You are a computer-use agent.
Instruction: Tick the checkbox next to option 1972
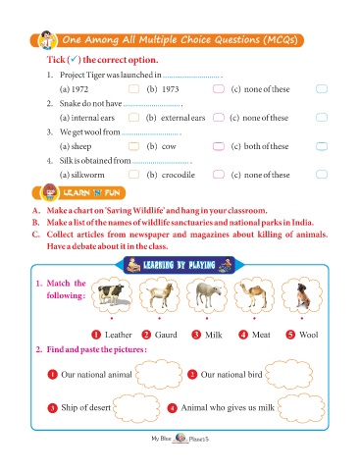coord(133,89)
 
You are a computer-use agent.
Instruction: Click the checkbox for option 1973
coord(219,89)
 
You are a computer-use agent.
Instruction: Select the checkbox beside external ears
coord(219,118)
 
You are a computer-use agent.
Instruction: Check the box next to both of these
coord(322,146)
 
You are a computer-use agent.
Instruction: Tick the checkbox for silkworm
coord(133,175)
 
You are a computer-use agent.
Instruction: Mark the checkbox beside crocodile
coord(219,175)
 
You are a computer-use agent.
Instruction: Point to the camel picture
coord(254,295)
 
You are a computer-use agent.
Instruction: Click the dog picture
coord(302,295)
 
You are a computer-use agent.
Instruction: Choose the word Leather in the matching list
coord(119,335)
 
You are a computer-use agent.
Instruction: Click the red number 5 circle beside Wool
coord(290,335)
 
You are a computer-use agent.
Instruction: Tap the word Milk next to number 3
coord(214,335)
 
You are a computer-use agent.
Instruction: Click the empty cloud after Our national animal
coord(159,374)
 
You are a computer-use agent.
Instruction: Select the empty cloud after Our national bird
coord(288,374)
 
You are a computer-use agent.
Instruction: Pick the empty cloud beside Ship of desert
coord(136,407)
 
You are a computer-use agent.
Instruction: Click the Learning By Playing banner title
coord(180,265)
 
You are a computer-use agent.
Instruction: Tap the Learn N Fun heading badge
coord(78,192)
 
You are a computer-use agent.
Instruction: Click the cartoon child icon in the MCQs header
coord(48,40)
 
